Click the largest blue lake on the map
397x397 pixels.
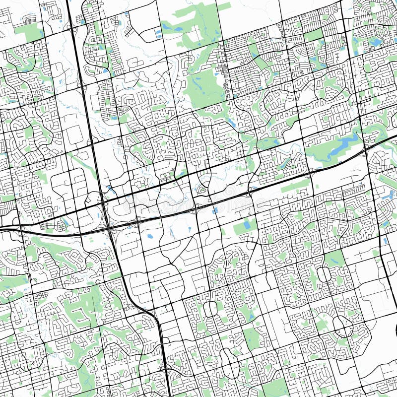[342, 145]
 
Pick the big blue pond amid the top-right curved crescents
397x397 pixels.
[376, 42]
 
